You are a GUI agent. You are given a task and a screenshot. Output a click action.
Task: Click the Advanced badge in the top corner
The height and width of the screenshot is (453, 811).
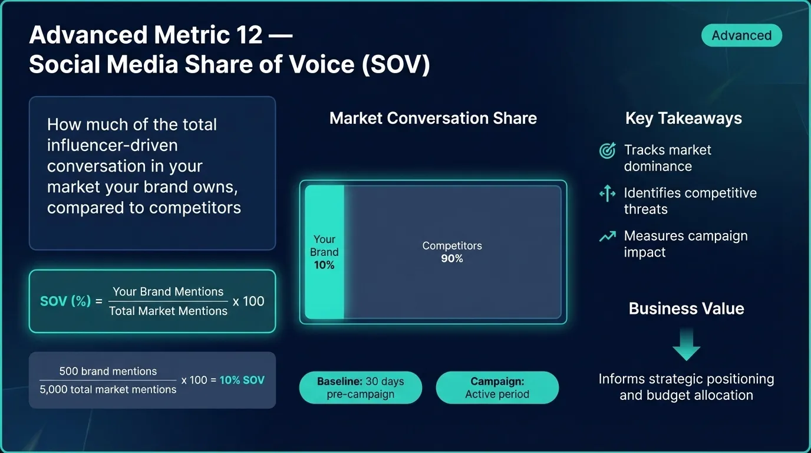[x=741, y=35]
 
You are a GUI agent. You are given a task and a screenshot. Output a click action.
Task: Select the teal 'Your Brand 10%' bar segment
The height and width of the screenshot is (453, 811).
[x=324, y=252]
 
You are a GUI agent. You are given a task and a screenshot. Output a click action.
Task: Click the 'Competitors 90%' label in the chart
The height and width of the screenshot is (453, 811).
[x=452, y=252]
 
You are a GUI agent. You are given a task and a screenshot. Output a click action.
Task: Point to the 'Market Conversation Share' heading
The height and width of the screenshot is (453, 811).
[x=433, y=118]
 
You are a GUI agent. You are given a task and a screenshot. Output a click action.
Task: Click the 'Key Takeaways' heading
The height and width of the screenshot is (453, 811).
[x=683, y=118]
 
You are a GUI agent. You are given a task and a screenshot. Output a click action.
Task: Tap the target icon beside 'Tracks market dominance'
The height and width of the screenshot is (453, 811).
[x=607, y=151]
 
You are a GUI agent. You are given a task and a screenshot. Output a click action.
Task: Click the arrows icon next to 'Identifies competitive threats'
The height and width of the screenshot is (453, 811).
[x=607, y=193]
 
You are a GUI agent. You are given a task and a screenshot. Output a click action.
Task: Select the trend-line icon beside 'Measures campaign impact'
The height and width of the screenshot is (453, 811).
[x=607, y=237]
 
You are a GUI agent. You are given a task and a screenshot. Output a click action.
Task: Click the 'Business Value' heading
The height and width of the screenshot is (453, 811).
[x=686, y=308]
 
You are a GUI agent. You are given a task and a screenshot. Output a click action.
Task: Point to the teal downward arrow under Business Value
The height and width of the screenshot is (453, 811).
[x=686, y=344]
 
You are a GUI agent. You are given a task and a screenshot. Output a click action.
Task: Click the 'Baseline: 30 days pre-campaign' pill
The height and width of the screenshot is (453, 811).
[x=361, y=388]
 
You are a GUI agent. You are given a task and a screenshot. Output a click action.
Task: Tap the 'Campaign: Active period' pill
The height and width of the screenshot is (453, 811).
[x=497, y=388]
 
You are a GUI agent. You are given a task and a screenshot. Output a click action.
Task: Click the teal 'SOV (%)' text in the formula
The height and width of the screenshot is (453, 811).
[x=65, y=301]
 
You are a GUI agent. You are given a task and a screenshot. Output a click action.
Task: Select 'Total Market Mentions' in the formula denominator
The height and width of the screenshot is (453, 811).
[x=168, y=311]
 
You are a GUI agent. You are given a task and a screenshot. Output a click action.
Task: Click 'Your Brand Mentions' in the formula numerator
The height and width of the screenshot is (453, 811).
[x=168, y=291]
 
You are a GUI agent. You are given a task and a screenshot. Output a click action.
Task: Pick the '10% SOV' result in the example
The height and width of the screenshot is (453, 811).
[x=242, y=380]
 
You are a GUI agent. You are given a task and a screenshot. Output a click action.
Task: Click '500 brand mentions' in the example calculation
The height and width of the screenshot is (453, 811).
[x=108, y=372]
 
